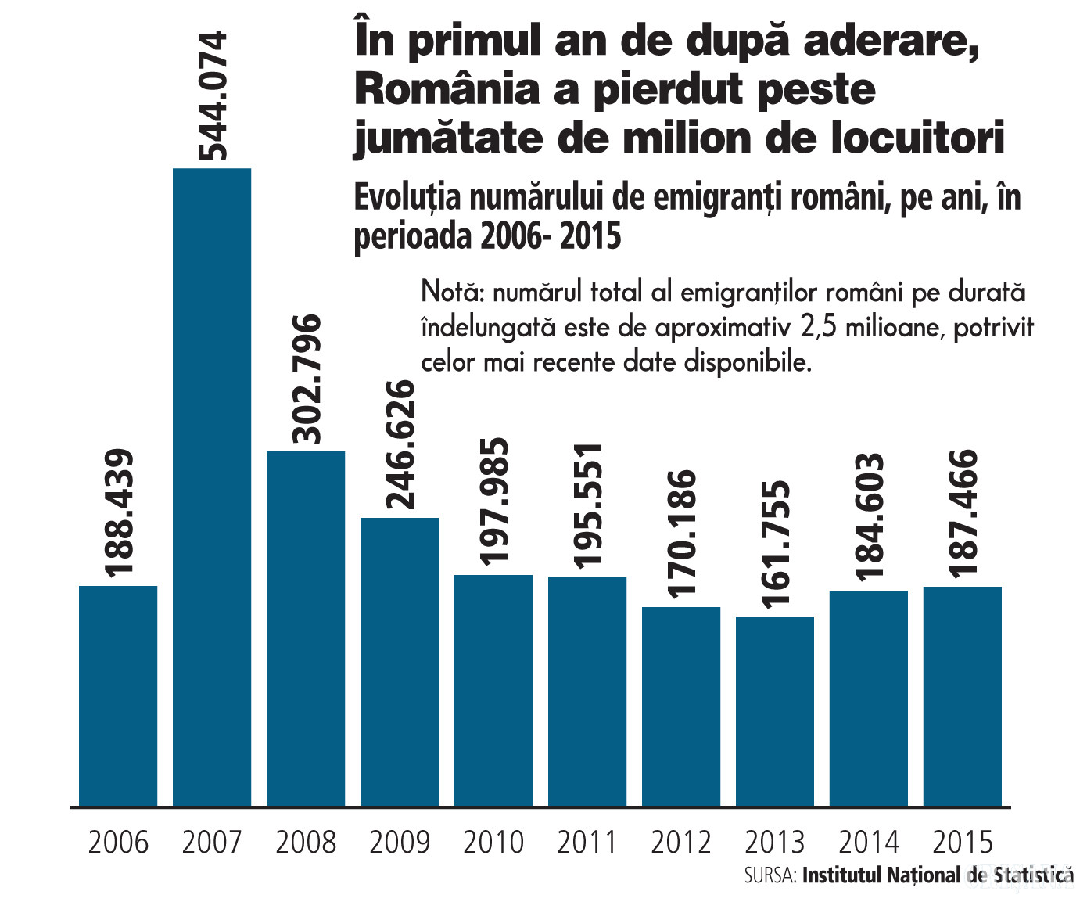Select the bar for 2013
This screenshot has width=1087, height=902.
(775, 711)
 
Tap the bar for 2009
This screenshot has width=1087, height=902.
(400, 661)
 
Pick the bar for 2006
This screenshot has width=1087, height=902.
(118, 695)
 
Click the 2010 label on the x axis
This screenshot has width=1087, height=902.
(493, 843)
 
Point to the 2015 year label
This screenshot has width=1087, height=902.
(963, 843)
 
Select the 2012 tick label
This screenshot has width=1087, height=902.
(681, 843)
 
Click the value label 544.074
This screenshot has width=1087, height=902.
(212, 95)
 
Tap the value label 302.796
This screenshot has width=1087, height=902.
(306, 379)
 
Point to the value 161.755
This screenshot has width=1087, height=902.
(775, 544)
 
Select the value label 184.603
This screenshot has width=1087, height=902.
(869, 517)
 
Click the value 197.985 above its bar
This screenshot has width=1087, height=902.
(493, 501)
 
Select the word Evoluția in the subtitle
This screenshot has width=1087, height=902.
(407, 199)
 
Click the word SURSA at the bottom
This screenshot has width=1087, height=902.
(770, 875)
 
